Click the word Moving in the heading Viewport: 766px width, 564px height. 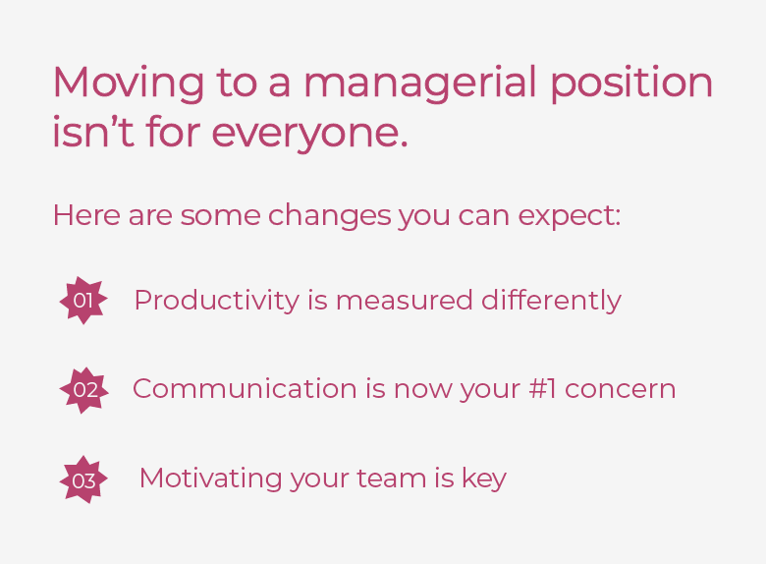pos(129,84)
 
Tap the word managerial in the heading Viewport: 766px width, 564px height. pos(419,84)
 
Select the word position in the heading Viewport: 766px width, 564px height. pos(631,84)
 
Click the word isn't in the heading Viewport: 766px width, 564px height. pos(93,131)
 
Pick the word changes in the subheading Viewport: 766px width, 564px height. pos(330,215)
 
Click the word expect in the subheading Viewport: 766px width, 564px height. pos(570,216)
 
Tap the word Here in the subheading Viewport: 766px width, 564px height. pos(86,215)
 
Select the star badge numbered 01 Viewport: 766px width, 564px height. pos(83,300)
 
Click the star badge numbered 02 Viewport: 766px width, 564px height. pos(84,390)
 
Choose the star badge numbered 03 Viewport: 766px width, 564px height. pos(83,479)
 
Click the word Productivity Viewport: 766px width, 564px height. pos(216,300)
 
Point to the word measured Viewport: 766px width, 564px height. pos(405,300)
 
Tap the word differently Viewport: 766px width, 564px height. pos(552,300)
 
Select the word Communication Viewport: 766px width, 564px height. pos(245,389)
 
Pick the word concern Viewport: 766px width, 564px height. pos(621,390)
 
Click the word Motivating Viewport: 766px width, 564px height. pos(210,478)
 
